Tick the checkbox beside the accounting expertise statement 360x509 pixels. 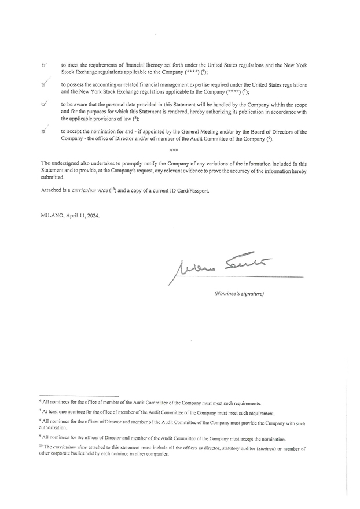pyautogui.click(x=44, y=86)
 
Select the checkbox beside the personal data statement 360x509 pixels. pyautogui.click(x=44, y=105)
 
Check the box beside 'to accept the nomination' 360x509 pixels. pyautogui.click(x=44, y=132)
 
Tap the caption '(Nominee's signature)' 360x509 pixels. pyautogui.click(x=238, y=294)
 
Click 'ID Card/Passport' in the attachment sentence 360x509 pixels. pyautogui.click(x=189, y=190)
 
